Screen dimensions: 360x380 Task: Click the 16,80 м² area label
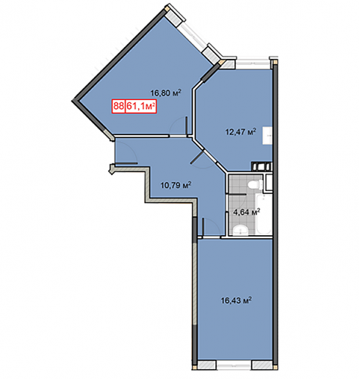pyautogui.click(x=166, y=93)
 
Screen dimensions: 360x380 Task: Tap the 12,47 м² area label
pyautogui.click(x=241, y=132)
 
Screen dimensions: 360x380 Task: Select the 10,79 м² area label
pyautogui.click(x=176, y=185)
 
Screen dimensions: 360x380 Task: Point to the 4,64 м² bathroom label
pyautogui.click(x=246, y=212)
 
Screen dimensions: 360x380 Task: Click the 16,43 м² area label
pyautogui.click(x=237, y=300)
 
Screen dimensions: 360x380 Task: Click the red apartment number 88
pyautogui.click(x=118, y=107)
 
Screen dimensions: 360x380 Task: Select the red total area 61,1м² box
pyautogui.click(x=141, y=107)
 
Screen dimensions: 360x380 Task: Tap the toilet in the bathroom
pyautogui.click(x=255, y=184)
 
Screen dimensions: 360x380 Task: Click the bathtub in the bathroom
pyautogui.click(x=264, y=215)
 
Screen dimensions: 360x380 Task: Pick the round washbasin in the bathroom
pyautogui.click(x=240, y=230)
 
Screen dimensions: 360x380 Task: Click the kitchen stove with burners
pyautogui.click(x=262, y=166)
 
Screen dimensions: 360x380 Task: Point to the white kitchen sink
pyautogui.click(x=267, y=135)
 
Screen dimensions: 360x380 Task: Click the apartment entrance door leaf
pyautogui.click(x=126, y=163)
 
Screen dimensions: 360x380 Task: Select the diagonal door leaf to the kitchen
pyautogui.click(x=198, y=157)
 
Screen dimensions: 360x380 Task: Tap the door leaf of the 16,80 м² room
pyautogui.click(x=187, y=126)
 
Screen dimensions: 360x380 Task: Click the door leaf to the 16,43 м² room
pyautogui.click(x=204, y=226)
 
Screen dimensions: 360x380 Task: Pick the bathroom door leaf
pyautogui.click(x=237, y=194)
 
